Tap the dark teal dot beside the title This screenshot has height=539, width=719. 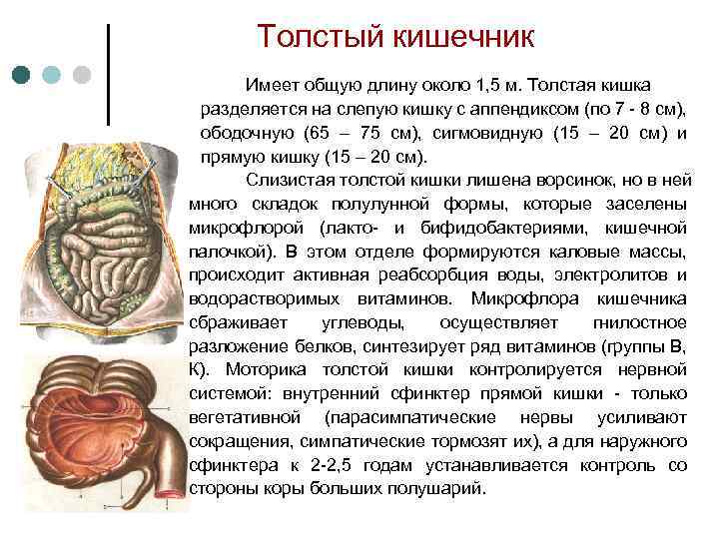[22, 75]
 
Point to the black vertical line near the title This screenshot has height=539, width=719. [108, 75]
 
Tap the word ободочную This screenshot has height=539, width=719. [243, 133]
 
